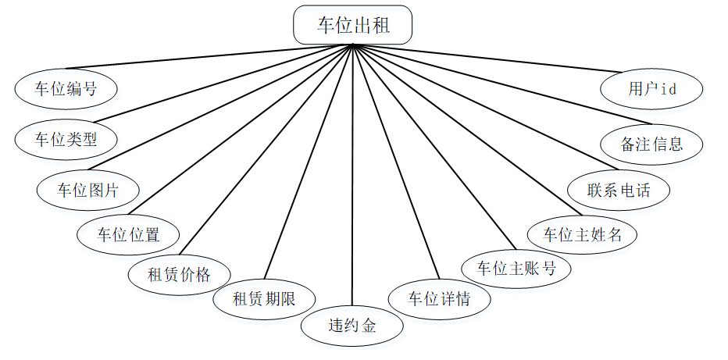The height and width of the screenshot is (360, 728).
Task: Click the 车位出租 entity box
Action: tap(352, 25)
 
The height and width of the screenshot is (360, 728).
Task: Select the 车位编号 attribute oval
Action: tap(66, 88)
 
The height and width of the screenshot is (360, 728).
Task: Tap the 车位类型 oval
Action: tap(66, 139)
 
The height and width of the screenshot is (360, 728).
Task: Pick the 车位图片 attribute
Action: tap(87, 190)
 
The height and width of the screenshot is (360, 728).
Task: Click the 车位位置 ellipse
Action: tap(128, 233)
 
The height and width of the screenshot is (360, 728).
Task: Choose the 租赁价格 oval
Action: tap(179, 274)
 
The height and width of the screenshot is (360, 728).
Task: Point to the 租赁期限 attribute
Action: tap(264, 298)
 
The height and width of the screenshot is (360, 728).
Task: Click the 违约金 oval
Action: tap(352, 325)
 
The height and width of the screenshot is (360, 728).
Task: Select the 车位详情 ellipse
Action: tap(440, 298)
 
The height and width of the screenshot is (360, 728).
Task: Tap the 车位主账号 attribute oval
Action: tap(516, 268)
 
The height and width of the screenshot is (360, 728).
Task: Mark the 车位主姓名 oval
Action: tap(583, 233)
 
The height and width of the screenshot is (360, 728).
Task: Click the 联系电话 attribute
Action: tap(618, 190)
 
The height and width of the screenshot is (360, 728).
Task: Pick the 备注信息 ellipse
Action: tap(651, 144)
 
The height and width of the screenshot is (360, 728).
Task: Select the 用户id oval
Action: tap(651, 88)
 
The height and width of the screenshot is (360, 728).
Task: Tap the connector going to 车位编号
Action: tap(211, 57)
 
